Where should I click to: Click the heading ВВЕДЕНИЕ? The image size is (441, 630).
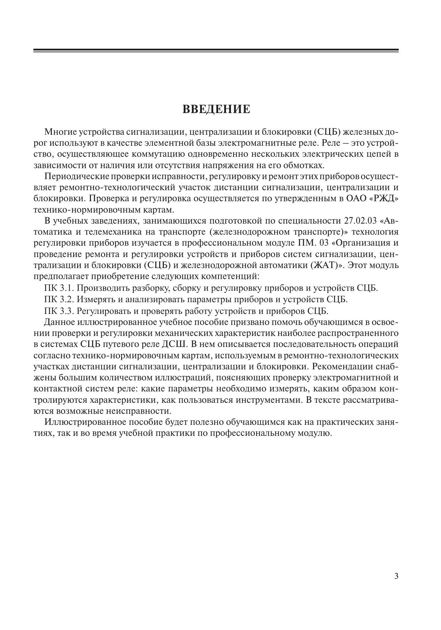click(x=216, y=109)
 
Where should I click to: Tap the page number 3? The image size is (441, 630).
click(x=396, y=576)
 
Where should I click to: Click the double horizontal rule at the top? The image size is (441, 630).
click(x=216, y=50)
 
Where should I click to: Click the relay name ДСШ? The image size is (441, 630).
click(x=175, y=344)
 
